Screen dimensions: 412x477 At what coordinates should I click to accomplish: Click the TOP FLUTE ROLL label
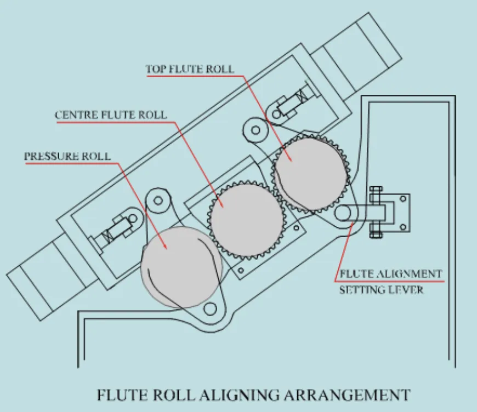tap(190, 70)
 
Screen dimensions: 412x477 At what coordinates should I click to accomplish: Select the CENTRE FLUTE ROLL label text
tap(111, 115)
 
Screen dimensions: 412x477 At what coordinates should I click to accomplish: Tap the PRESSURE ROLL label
tap(67, 156)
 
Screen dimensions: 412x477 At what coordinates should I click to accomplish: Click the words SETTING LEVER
tap(382, 289)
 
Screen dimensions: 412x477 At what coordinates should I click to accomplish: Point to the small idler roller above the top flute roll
tap(254, 129)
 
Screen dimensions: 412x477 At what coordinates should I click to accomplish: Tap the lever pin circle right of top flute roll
tap(344, 213)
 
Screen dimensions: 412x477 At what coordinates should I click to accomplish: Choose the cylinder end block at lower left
tap(38, 288)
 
